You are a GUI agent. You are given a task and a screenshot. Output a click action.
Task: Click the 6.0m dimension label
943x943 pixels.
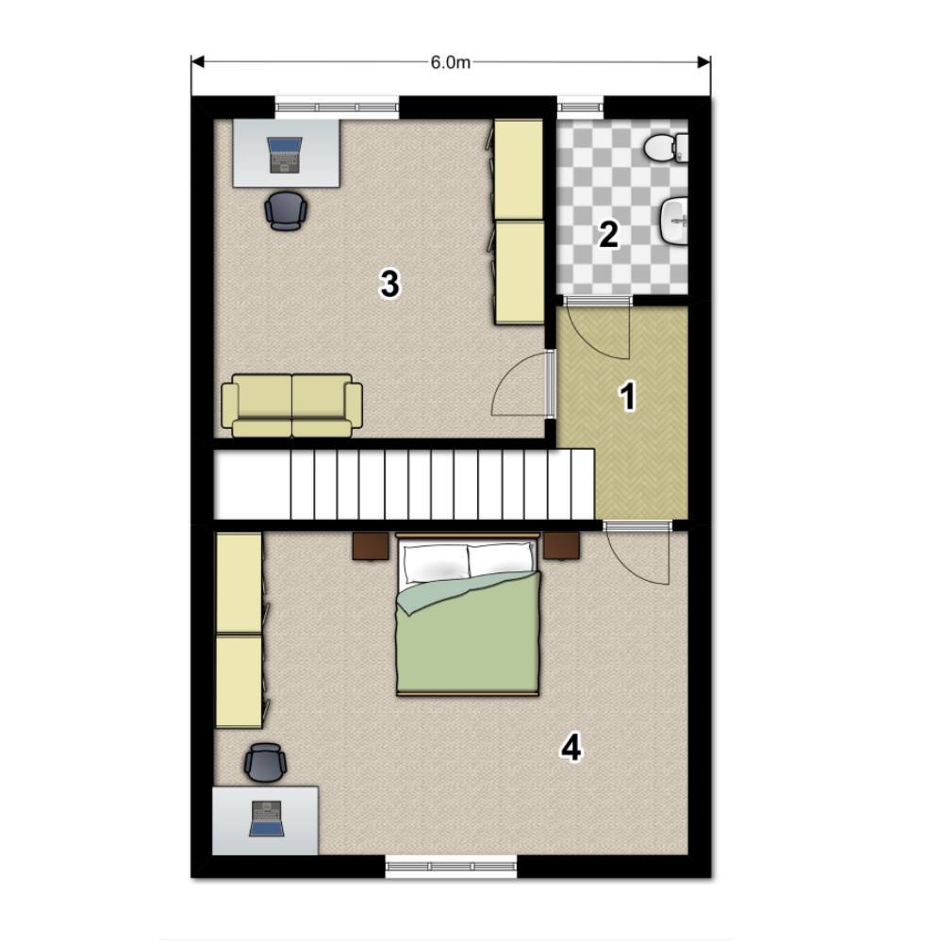coord(451,62)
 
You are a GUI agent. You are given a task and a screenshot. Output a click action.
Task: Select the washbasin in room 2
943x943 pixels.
coord(674,222)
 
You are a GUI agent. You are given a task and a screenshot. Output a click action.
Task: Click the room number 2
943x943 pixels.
coord(608,235)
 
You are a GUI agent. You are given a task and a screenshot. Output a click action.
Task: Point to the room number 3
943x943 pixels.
coord(389,284)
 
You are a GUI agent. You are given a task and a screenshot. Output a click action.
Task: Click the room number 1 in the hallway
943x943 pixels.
coord(628,397)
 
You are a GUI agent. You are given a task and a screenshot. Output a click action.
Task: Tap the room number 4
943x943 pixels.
coord(571,749)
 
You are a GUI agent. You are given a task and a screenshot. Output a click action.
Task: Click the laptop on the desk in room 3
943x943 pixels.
coord(285,156)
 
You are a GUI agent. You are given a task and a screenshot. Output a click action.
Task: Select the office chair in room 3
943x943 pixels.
coord(286,210)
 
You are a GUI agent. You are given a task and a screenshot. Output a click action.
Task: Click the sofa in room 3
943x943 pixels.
coord(291,405)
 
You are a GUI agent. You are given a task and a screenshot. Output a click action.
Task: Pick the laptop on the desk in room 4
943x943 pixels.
coord(267,819)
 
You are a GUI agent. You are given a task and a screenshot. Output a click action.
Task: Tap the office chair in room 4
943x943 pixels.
coord(265,763)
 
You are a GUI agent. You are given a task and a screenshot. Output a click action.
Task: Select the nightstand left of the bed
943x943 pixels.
coord(371,546)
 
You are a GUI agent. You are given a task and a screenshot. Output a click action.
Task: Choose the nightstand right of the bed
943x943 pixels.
coord(562,545)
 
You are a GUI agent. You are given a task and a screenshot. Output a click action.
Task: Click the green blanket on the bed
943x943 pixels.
coord(468,634)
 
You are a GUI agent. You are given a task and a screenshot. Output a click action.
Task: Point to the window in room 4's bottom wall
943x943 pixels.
coord(451,867)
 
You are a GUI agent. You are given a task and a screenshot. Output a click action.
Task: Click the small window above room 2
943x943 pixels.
coord(580,108)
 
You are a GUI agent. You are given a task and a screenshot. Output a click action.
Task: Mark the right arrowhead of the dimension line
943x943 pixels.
coord(703,62)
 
